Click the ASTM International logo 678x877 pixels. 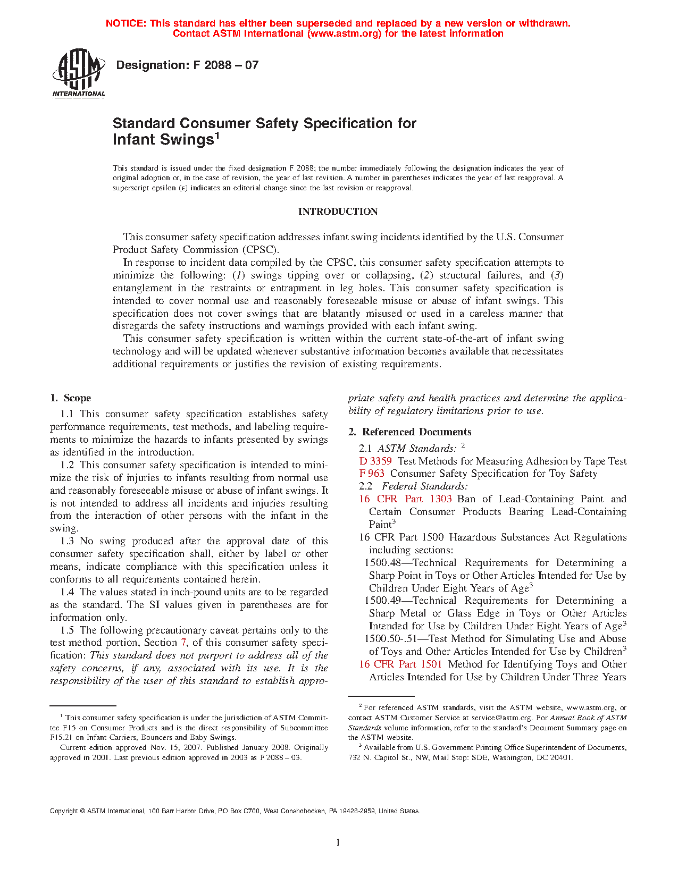(x=78, y=73)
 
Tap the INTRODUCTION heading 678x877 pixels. (x=338, y=212)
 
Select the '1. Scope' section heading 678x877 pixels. (x=70, y=398)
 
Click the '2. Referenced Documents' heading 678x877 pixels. (x=410, y=432)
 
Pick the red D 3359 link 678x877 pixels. (x=375, y=461)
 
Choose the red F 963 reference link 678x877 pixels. (x=372, y=474)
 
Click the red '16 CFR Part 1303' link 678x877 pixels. (x=405, y=499)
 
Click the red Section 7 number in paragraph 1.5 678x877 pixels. (x=183, y=643)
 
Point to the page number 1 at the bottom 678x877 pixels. (x=338, y=842)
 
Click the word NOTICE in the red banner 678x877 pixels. (x=125, y=23)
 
